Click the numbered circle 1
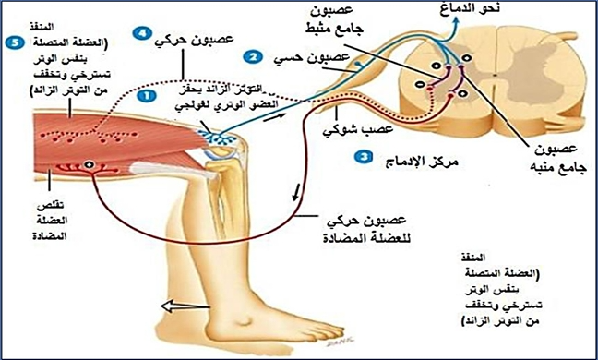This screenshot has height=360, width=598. coord(146,93)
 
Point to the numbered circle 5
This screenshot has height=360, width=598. coord(12,42)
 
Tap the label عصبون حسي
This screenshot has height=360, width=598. coord(292,59)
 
